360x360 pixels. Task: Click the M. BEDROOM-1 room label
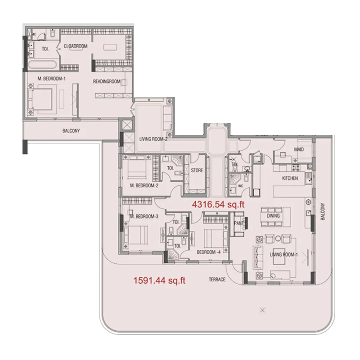click(53, 79)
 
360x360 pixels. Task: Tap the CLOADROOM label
click(75, 46)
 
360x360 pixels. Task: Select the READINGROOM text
click(107, 81)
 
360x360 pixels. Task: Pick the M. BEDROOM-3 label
click(144, 216)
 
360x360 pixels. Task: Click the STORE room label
click(197, 171)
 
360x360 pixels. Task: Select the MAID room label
click(299, 149)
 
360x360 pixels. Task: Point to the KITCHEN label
click(290, 179)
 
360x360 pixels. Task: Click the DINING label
click(273, 216)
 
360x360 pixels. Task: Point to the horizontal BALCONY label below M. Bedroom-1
click(71, 131)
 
